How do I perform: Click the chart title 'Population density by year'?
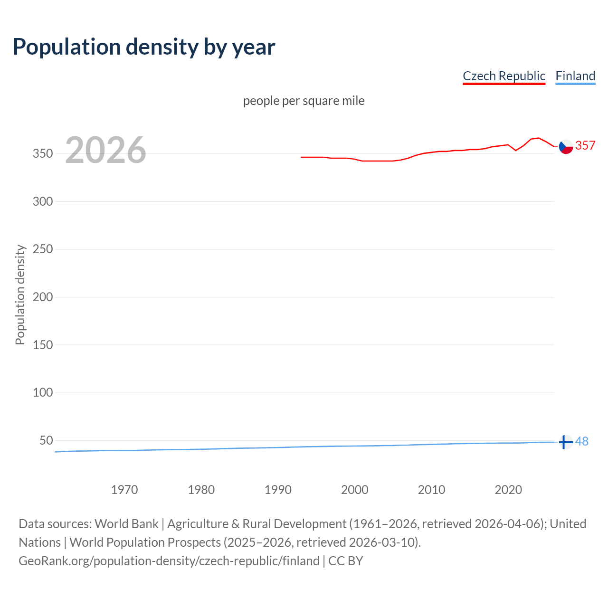(x=144, y=47)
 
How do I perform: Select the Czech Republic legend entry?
(x=504, y=76)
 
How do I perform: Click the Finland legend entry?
(x=575, y=76)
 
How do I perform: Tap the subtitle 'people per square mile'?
(x=304, y=101)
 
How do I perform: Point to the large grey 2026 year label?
(x=105, y=150)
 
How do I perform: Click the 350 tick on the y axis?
(x=43, y=154)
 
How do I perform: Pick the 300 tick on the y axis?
(x=43, y=201)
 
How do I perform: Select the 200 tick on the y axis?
(x=43, y=297)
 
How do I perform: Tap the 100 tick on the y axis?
(x=43, y=393)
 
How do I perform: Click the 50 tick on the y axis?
(x=46, y=441)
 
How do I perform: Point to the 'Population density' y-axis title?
(x=20, y=294)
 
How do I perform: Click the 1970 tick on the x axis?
(x=124, y=490)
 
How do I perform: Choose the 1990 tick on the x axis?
(x=278, y=490)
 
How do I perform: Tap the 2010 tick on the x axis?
(x=431, y=490)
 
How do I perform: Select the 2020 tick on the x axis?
(x=508, y=490)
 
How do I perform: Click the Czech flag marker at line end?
(x=566, y=147)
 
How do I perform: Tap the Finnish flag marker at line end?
(x=565, y=442)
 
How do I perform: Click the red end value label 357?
(x=585, y=145)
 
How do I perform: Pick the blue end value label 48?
(x=582, y=442)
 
